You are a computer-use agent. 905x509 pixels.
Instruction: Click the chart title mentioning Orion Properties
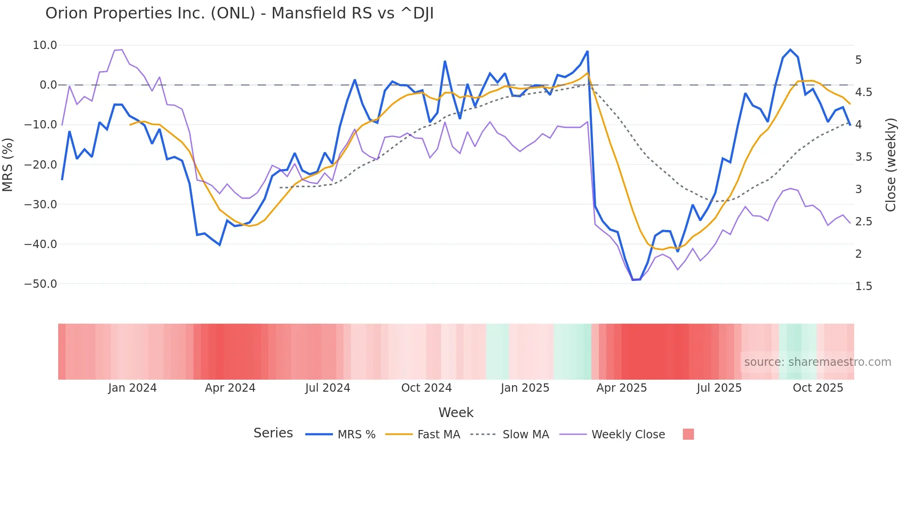(239, 13)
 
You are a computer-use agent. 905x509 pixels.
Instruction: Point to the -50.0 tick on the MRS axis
(41, 284)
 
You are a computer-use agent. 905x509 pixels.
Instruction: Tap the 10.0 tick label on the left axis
(45, 45)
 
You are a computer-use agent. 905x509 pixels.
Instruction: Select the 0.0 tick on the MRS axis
(48, 85)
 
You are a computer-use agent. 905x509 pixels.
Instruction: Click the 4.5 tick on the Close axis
(863, 92)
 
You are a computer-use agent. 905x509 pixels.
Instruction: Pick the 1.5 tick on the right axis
(863, 286)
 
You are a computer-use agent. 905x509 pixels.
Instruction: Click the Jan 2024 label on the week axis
(133, 388)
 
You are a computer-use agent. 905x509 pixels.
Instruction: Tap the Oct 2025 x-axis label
(818, 388)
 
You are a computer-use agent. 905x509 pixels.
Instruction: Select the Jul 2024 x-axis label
(327, 388)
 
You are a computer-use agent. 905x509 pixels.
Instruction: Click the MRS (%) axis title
(8, 164)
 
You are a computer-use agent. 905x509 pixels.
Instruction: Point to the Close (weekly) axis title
(891, 164)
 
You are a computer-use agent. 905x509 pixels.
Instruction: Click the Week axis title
(456, 412)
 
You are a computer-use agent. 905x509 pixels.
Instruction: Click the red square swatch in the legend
(688, 434)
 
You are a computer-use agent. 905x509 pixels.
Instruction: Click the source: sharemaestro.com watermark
(817, 362)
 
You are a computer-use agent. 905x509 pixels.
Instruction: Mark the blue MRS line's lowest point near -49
(633, 280)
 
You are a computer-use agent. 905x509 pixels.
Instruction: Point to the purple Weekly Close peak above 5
(121, 50)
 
